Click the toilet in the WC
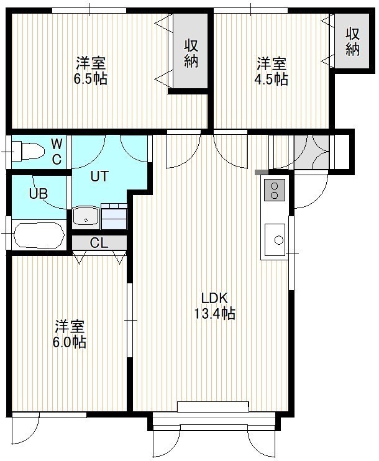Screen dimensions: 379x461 coord(28,152)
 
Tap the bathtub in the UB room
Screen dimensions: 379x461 coord(39,235)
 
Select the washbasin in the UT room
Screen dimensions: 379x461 coord(86,217)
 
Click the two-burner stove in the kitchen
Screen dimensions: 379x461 coord(275,190)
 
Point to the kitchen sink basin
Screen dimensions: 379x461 coord(275,240)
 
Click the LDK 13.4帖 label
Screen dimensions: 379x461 coord(214,306)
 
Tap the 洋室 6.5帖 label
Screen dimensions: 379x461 coord(90,71)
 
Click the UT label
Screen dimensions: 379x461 coord(99,176)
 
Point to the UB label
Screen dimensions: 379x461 coord(39,194)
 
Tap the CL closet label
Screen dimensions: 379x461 coord(99,243)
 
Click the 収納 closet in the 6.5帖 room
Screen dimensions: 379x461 coord(191,50)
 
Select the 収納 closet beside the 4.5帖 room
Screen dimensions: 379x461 coord(352,41)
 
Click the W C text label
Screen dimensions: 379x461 coord(57,152)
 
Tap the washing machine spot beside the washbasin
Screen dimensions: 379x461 coord(114,216)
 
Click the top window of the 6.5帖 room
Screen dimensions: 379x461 coord(89,11)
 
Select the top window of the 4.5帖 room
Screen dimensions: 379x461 coord(250,11)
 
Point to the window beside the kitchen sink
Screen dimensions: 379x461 coord(291,253)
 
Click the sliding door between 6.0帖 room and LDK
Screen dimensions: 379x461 coord(130,320)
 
